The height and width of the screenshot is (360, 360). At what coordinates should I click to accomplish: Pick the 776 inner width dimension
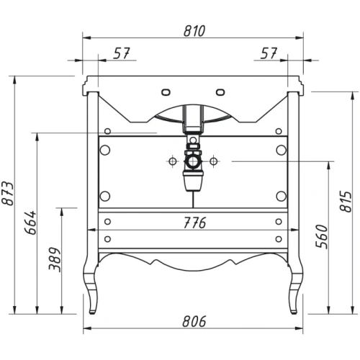pyautogui.click(x=192, y=222)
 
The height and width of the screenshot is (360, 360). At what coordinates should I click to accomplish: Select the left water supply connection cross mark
pyautogui.click(x=173, y=161)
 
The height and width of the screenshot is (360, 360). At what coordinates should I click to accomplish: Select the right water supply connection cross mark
pyautogui.click(x=213, y=161)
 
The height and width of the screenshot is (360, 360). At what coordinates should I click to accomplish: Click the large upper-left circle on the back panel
pyautogui.click(x=106, y=150)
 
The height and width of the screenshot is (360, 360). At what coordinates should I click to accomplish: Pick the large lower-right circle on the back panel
pyautogui.click(x=280, y=194)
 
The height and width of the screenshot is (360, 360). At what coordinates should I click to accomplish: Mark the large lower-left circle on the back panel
pyautogui.click(x=106, y=194)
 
